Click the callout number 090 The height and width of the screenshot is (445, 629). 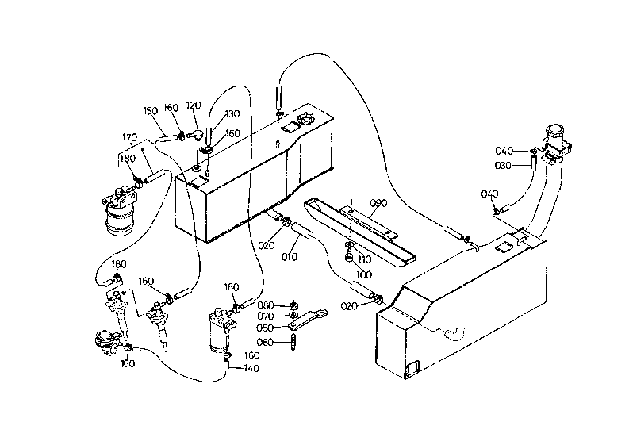point(378,203)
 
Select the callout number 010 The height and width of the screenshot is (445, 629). point(290,257)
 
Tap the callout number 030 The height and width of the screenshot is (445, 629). point(503,165)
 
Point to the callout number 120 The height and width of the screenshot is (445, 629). point(194,105)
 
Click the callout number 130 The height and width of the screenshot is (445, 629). point(232,114)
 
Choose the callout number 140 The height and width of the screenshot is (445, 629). point(251,368)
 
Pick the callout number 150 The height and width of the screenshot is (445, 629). point(151,111)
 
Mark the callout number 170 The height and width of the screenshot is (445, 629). point(129,138)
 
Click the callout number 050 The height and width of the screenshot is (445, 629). point(265,328)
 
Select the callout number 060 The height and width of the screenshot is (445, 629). point(265,342)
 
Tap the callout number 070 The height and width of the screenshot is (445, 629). point(266,316)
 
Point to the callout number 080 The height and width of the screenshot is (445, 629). point(266,305)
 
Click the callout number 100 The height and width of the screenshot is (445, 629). point(364,275)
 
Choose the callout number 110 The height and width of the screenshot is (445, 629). point(364,260)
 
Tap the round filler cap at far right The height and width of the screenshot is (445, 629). point(554,132)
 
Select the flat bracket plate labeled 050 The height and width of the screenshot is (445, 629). point(308,320)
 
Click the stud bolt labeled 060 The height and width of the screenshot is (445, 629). point(294,342)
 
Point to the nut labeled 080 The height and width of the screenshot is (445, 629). point(293,305)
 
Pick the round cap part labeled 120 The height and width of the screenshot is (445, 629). point(198,134)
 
